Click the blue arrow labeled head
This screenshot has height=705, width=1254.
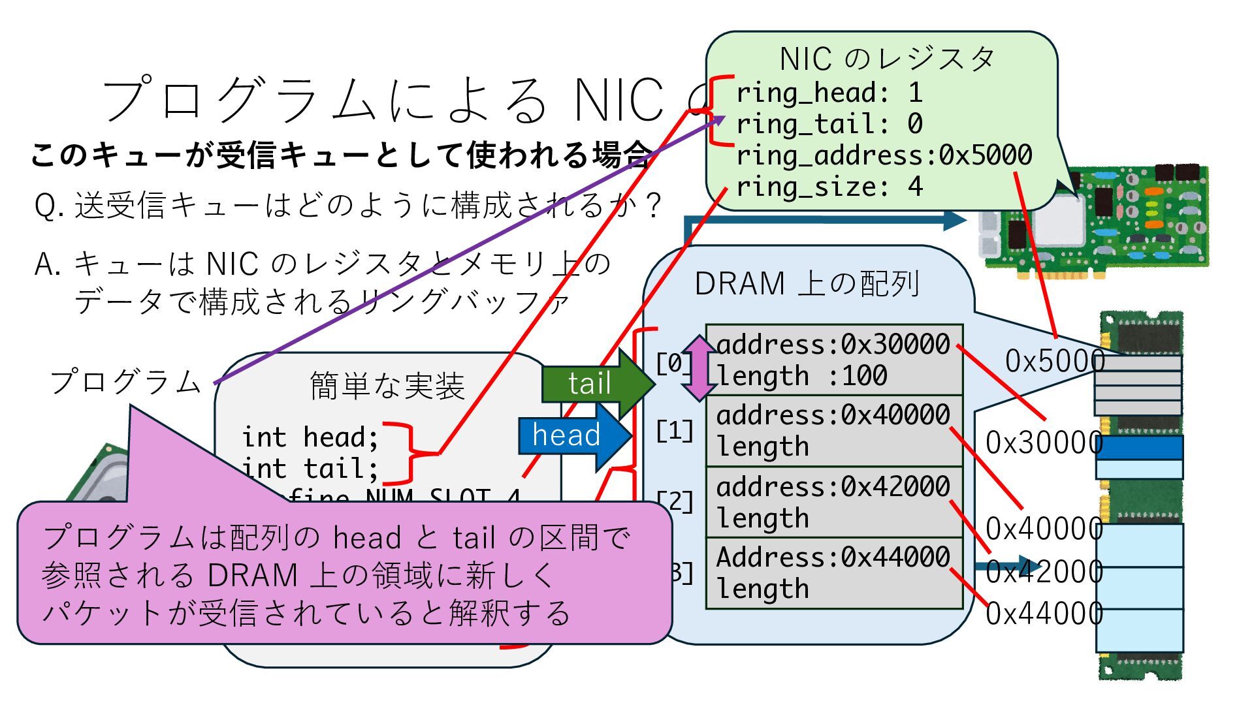[x=568, y=435]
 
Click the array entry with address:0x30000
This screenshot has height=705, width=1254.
[x=834, y=360]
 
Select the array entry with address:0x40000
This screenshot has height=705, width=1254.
[x=834, y=431]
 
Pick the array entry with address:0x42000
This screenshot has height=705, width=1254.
[x=834, y=502]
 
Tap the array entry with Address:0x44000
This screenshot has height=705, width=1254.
[x=834, y=573]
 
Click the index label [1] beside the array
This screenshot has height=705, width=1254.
[x=675, y=431]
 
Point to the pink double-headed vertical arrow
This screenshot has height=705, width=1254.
[x=699, y=368]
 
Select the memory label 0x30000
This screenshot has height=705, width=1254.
[x=1044, y=443]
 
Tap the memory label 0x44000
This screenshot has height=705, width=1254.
[x=1044, y=614]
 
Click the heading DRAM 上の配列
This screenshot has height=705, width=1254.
[x=807, y=284]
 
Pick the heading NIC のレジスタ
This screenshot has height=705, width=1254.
[x=886, y=59]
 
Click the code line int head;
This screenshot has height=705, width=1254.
[x=310, y=437]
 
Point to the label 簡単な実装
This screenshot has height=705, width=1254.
[x=387, y=386]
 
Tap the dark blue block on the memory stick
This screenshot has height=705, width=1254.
[x=1139, y=448]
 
